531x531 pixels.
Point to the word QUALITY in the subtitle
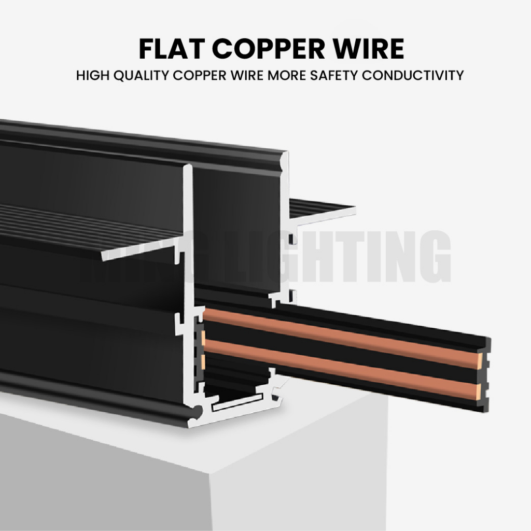pyautogui.click(x=142, y=76)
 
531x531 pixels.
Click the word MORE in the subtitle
pyautogui.click(x=286, y=76)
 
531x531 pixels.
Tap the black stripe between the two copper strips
pyautogui.click(x=342, y=353)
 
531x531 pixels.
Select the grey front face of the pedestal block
pyautogui.click(x=104, y=477)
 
